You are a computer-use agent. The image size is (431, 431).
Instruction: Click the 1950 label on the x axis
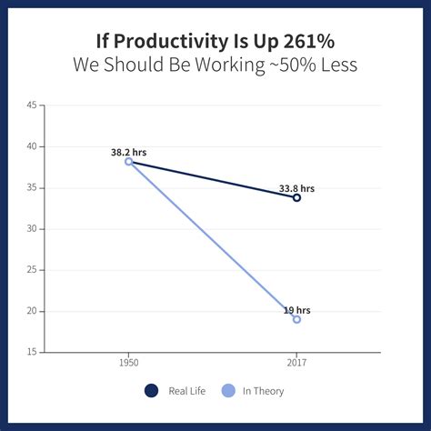pyautogui.click(x=128, y=363)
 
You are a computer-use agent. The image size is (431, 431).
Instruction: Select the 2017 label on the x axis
pyautogui.click(x=296, y=363)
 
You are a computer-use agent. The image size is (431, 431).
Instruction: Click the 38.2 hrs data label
pyautogui.click(x=128, y=152)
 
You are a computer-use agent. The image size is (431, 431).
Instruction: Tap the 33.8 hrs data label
pyautogui.click(x=296, y=188)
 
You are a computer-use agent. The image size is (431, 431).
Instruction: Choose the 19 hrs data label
pyautogui.click(x=296, y=310)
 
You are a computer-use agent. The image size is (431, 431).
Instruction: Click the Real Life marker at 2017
pyautogui.click(x=296, y=197)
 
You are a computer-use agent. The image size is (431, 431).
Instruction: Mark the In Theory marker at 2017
pyautogui.click(x=296, y=319)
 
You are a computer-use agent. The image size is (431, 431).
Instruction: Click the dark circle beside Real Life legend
pyautogui.click(x=151, y=391)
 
